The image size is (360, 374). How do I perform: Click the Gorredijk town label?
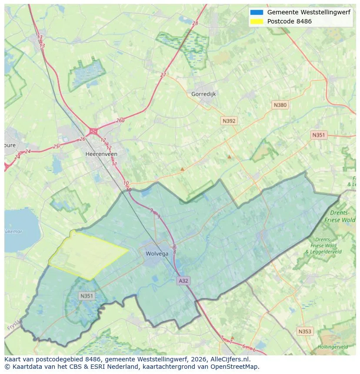pos(203,94)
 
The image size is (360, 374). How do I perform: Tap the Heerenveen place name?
pos(101,154)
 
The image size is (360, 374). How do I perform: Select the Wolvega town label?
pos(157,254)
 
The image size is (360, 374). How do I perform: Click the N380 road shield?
pos(280,105)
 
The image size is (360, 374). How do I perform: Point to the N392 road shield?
pos(229,121)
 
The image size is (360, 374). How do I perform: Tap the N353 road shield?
pos(305,331)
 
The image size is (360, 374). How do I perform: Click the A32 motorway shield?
pos(183,281)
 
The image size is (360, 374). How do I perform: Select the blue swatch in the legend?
pos(257,12)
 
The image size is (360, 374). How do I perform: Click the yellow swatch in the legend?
pos(257,21)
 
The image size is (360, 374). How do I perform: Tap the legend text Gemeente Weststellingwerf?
pos(308,12)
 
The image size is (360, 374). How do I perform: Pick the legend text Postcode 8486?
pos(289,21)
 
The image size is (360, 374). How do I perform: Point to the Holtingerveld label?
pos(333,347)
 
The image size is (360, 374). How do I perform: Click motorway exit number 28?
pos(195,23)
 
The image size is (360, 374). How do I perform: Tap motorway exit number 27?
pos(163,75)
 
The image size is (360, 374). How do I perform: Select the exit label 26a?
pos(120,121)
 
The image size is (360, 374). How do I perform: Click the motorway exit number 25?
pos(56,146)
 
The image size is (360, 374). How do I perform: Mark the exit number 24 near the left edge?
pos(28,151)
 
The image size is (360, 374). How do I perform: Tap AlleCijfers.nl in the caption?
pos(230,359)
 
